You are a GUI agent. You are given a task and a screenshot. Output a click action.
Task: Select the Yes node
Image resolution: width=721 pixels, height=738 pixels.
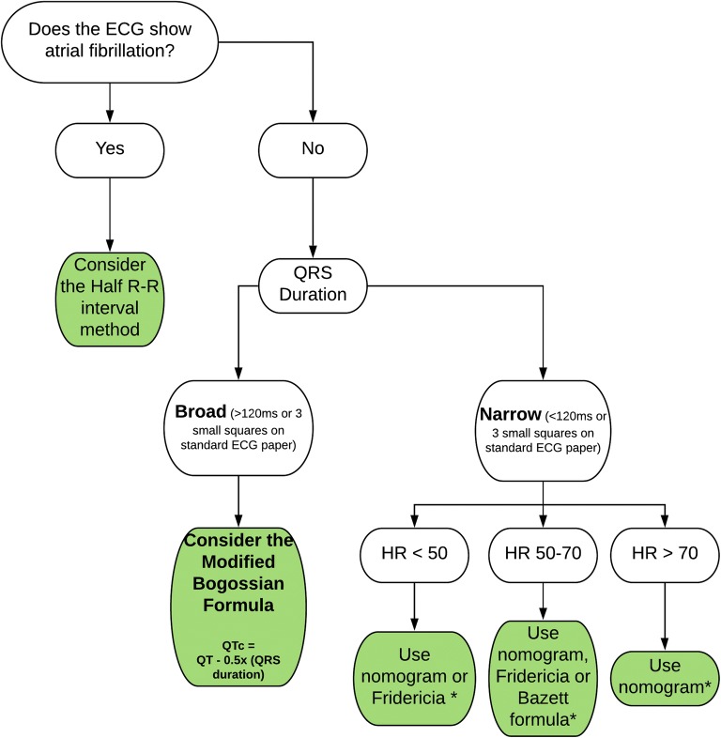point(111,147)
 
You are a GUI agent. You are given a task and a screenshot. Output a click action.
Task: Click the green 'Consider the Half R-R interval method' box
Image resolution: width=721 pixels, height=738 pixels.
point(111,299)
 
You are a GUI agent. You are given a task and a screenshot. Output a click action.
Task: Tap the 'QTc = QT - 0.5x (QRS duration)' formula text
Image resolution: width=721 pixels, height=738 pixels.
point(239,652)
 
